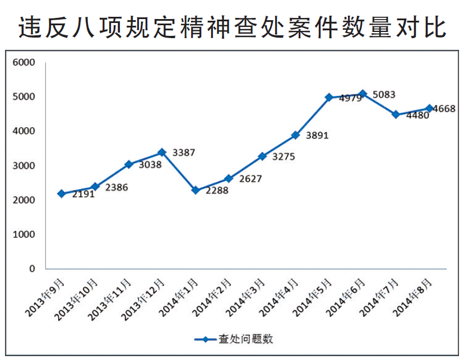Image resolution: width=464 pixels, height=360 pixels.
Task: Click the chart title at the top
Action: (232, 26)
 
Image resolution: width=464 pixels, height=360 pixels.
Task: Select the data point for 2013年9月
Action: (61, 193)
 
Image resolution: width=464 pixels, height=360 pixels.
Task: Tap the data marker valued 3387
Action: (161, 152)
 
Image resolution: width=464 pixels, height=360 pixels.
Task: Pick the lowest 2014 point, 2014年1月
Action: (195, 190)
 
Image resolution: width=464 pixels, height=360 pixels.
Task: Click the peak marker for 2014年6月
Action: (363, 94)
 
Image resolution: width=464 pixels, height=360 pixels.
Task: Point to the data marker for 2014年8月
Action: (429, 108)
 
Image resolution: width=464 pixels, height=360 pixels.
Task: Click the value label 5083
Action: (384, 95)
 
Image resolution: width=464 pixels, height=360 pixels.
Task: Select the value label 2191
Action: (83, 195)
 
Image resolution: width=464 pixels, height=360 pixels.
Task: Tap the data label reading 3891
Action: (317, 136)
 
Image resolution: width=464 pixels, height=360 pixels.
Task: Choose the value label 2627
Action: (250, 179)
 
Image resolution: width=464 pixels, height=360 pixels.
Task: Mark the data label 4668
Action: (444, 109)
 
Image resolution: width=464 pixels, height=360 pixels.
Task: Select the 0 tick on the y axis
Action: (32, 269)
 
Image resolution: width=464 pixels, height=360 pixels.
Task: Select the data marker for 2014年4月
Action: (295, 135)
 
